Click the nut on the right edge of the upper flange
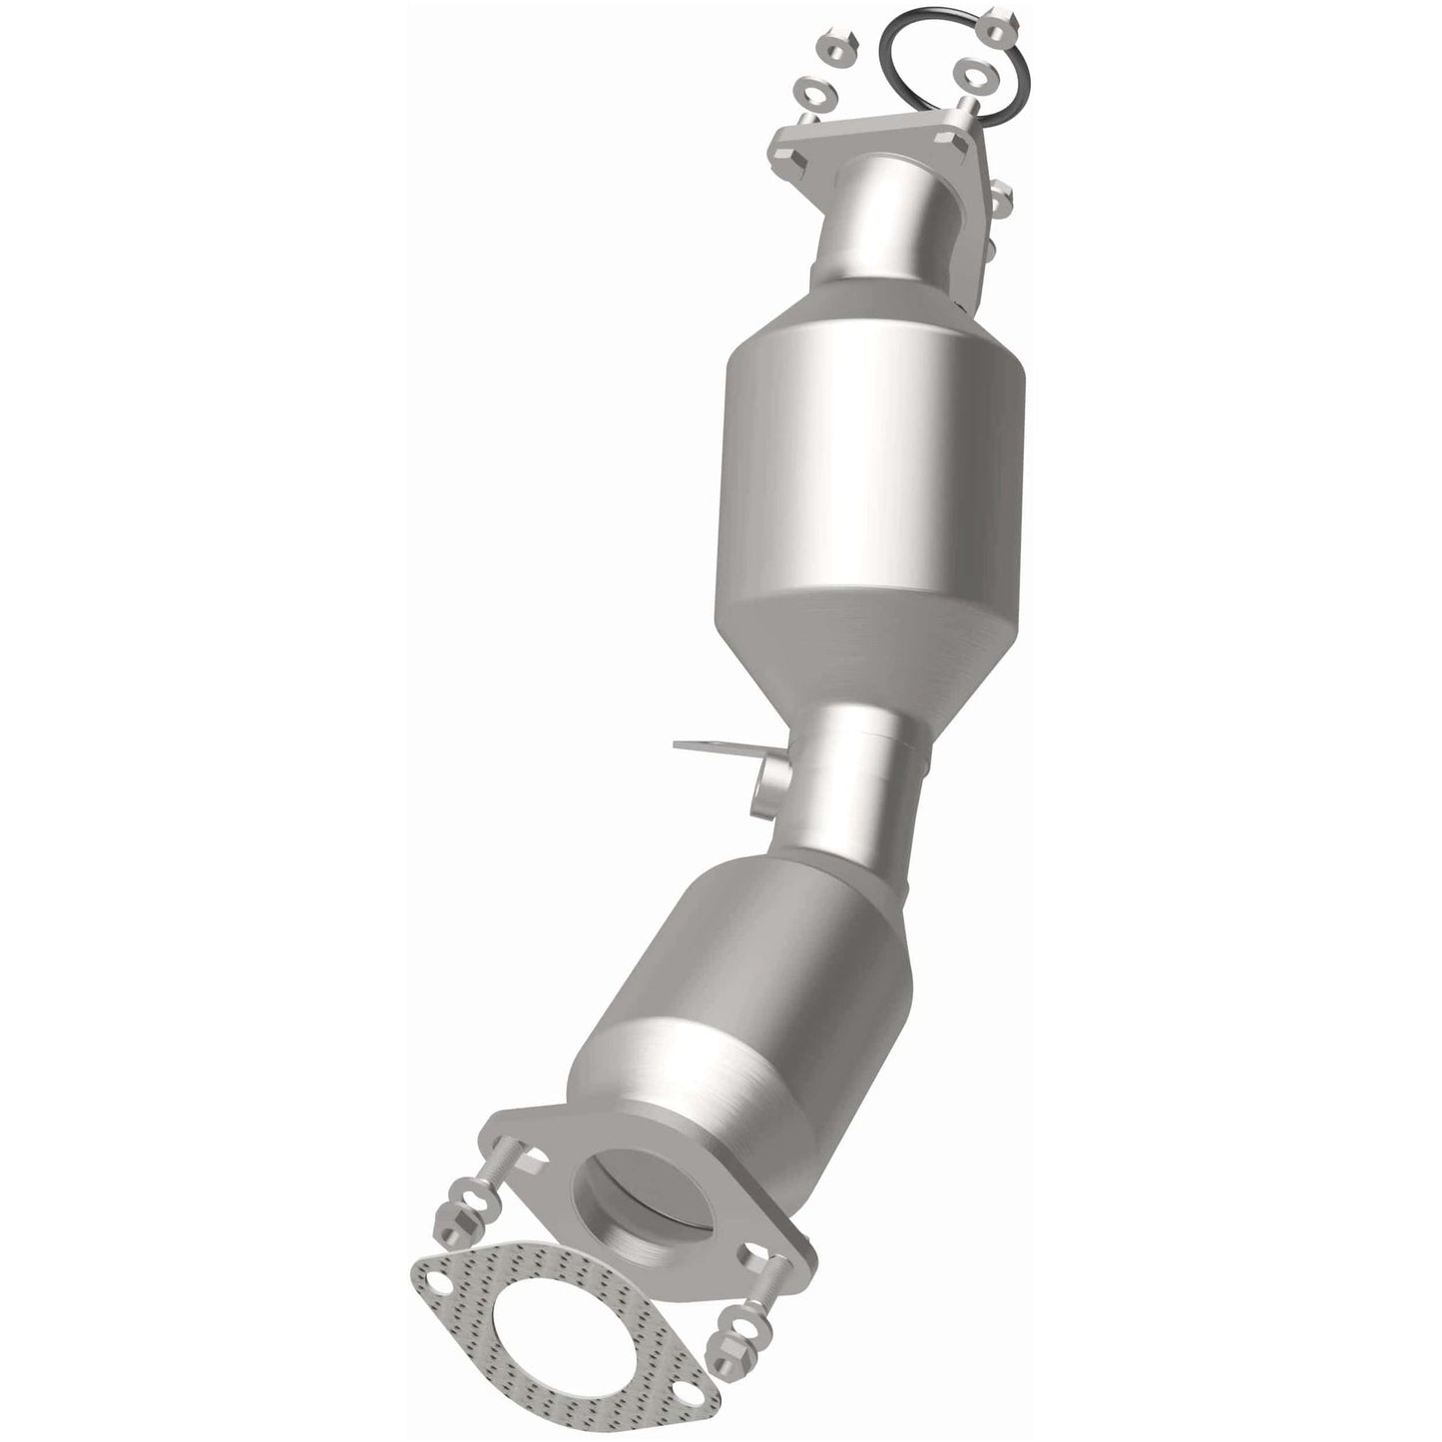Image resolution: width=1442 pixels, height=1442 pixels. (x=1001, y=204)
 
